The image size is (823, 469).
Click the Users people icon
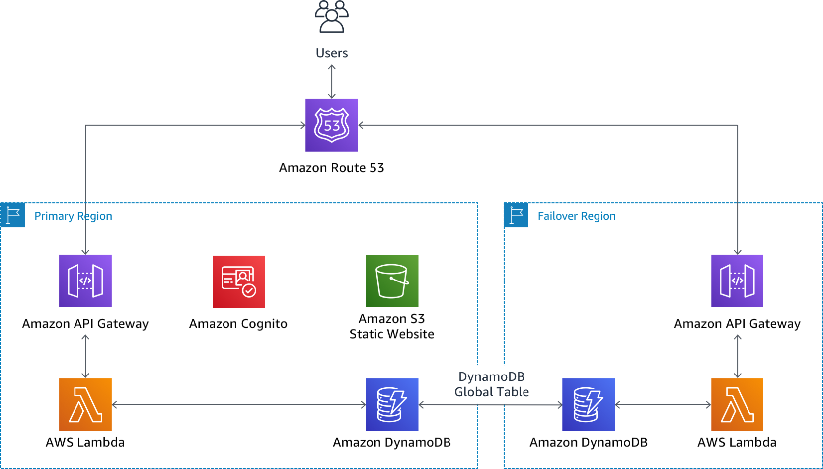coord(332,17)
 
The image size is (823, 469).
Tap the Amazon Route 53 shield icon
coord(332,125)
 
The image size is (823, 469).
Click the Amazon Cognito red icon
coord(239,281)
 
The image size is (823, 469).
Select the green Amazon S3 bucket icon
coord(392,281)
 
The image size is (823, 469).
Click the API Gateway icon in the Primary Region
coord(85,281)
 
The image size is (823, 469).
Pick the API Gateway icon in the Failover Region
coord(737,281)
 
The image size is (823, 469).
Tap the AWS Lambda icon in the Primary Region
coord(85,405)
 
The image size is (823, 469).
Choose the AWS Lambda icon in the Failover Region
coord(737,405)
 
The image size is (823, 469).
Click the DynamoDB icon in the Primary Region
coord(392,405)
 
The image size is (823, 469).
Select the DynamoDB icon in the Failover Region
coord(588,405)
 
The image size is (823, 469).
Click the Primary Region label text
coord(73,216)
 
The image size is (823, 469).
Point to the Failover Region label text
coord(577,216)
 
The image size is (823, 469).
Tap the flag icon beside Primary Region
coord(13,215)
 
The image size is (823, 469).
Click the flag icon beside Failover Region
coord(516,215)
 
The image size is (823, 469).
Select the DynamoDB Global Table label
coord(491,384)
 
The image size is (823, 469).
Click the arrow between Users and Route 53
coord(332,82)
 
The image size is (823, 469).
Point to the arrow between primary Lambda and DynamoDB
coord(238,405)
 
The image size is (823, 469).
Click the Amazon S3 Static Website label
coord(392,326)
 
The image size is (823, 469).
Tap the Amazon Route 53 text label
coord(331,168)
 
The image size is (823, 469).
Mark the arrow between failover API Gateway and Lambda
coord(738,356)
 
